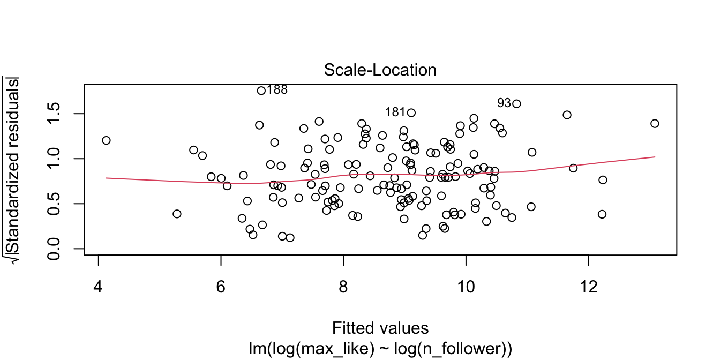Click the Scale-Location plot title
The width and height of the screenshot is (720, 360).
pyautogui.click(x=380, y=70)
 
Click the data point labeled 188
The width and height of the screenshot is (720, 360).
pyautogui.click(x=261, y=91)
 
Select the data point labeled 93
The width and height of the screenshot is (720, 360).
pyautogui.click(x=516, y=104)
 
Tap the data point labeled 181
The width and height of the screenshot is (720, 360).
pyautogui.click(x=411, y=112)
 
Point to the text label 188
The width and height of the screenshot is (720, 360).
pyautogui.click(x=277, y=90)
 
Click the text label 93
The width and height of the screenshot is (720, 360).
pyautogui.click(x=504, y=102)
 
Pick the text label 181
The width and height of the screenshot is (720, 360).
pyautogui.click(x=395, y=112)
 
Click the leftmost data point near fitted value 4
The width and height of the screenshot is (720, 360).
pyautogui.click(x=106, y=140)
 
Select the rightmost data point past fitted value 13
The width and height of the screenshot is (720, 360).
pyautogui.click(x=655, y=124)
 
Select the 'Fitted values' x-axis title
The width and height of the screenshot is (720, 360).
pyautogui.click(x=380, y=327)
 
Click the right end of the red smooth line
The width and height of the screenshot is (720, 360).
pyautogui.click(x=655, y=157)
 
